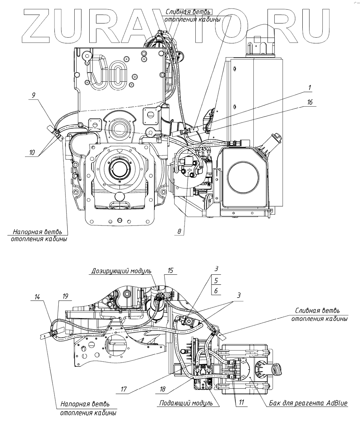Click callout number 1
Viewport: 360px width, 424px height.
309,87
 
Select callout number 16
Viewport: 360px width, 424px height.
310,102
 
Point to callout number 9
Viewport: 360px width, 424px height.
33,95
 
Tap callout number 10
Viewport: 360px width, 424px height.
32,152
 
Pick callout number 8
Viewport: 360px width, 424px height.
179,231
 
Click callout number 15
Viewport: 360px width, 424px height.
170,270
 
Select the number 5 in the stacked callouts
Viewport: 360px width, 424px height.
216,280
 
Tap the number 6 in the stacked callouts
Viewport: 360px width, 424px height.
216,291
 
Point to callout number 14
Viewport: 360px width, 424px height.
37,297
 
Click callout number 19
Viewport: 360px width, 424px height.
65,296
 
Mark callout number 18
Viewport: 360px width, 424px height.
163,389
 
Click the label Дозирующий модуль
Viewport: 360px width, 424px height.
121,271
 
